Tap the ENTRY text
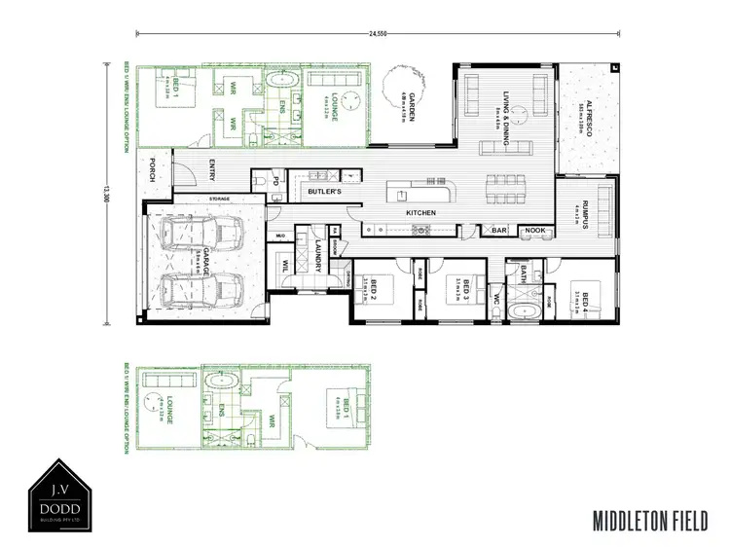pos(212,171)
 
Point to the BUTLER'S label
pos(325,193)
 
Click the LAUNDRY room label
pos(318,255)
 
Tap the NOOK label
pos(533,231)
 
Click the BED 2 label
pos(371,287)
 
